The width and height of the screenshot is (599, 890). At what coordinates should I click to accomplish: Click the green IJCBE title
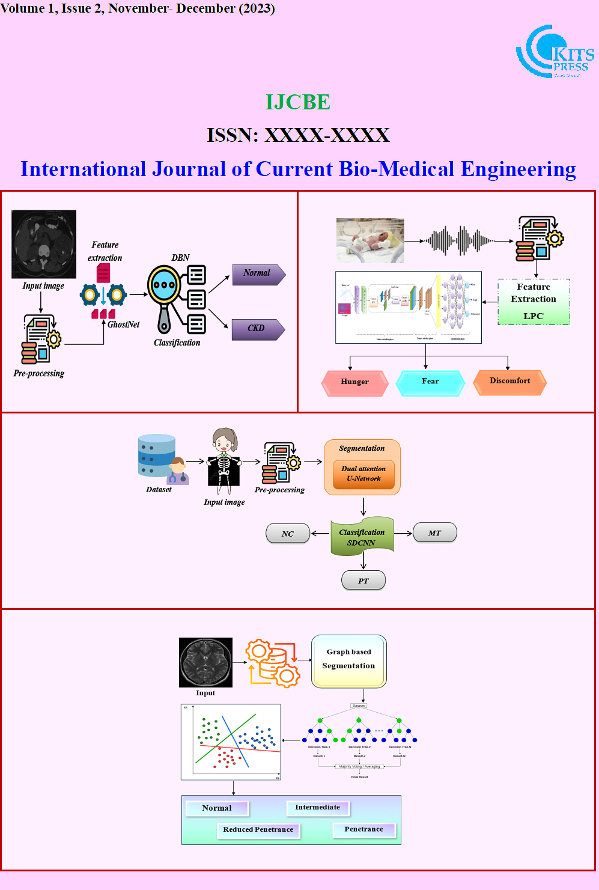pyautogui.click(x=298, y=102)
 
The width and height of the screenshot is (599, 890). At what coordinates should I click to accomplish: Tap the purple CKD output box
pyautogui.click(x=258, y=329)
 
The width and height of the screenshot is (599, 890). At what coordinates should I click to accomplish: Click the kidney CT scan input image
pyautogui.click(x=44, y=244)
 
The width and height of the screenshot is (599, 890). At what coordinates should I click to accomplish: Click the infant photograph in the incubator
pyautogui.click(x=370, y=240)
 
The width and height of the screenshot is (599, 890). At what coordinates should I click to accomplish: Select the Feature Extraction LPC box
pyautogui.click(x=534, y=302)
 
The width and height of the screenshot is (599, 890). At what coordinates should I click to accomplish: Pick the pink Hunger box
pyautogui.click(x=355, y=382)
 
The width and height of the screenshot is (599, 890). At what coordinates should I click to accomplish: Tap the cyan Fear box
pyautogui.click(x=430, y=382)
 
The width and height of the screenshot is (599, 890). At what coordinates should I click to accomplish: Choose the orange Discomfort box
pyautogui.click(x=509, y=382)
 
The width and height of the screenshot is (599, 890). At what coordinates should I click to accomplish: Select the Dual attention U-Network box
pyautogui.click(x=363, y=474)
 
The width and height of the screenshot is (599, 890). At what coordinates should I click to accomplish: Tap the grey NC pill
pyautogui.click(x=288, y=534)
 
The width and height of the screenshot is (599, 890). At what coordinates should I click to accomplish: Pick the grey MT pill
pyautogui.click(x=434, y=533)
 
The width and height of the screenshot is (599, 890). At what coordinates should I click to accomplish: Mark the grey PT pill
pyautogui.click(x=363, y=581)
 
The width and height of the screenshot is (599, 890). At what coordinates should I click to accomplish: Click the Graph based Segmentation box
pyautogui.click(x=348, y=661)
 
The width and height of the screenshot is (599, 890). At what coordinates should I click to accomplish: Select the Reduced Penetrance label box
pyautogui.click(x=258, y=830)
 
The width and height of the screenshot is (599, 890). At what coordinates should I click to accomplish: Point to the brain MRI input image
pyautogui.click(x=205, y=662)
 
